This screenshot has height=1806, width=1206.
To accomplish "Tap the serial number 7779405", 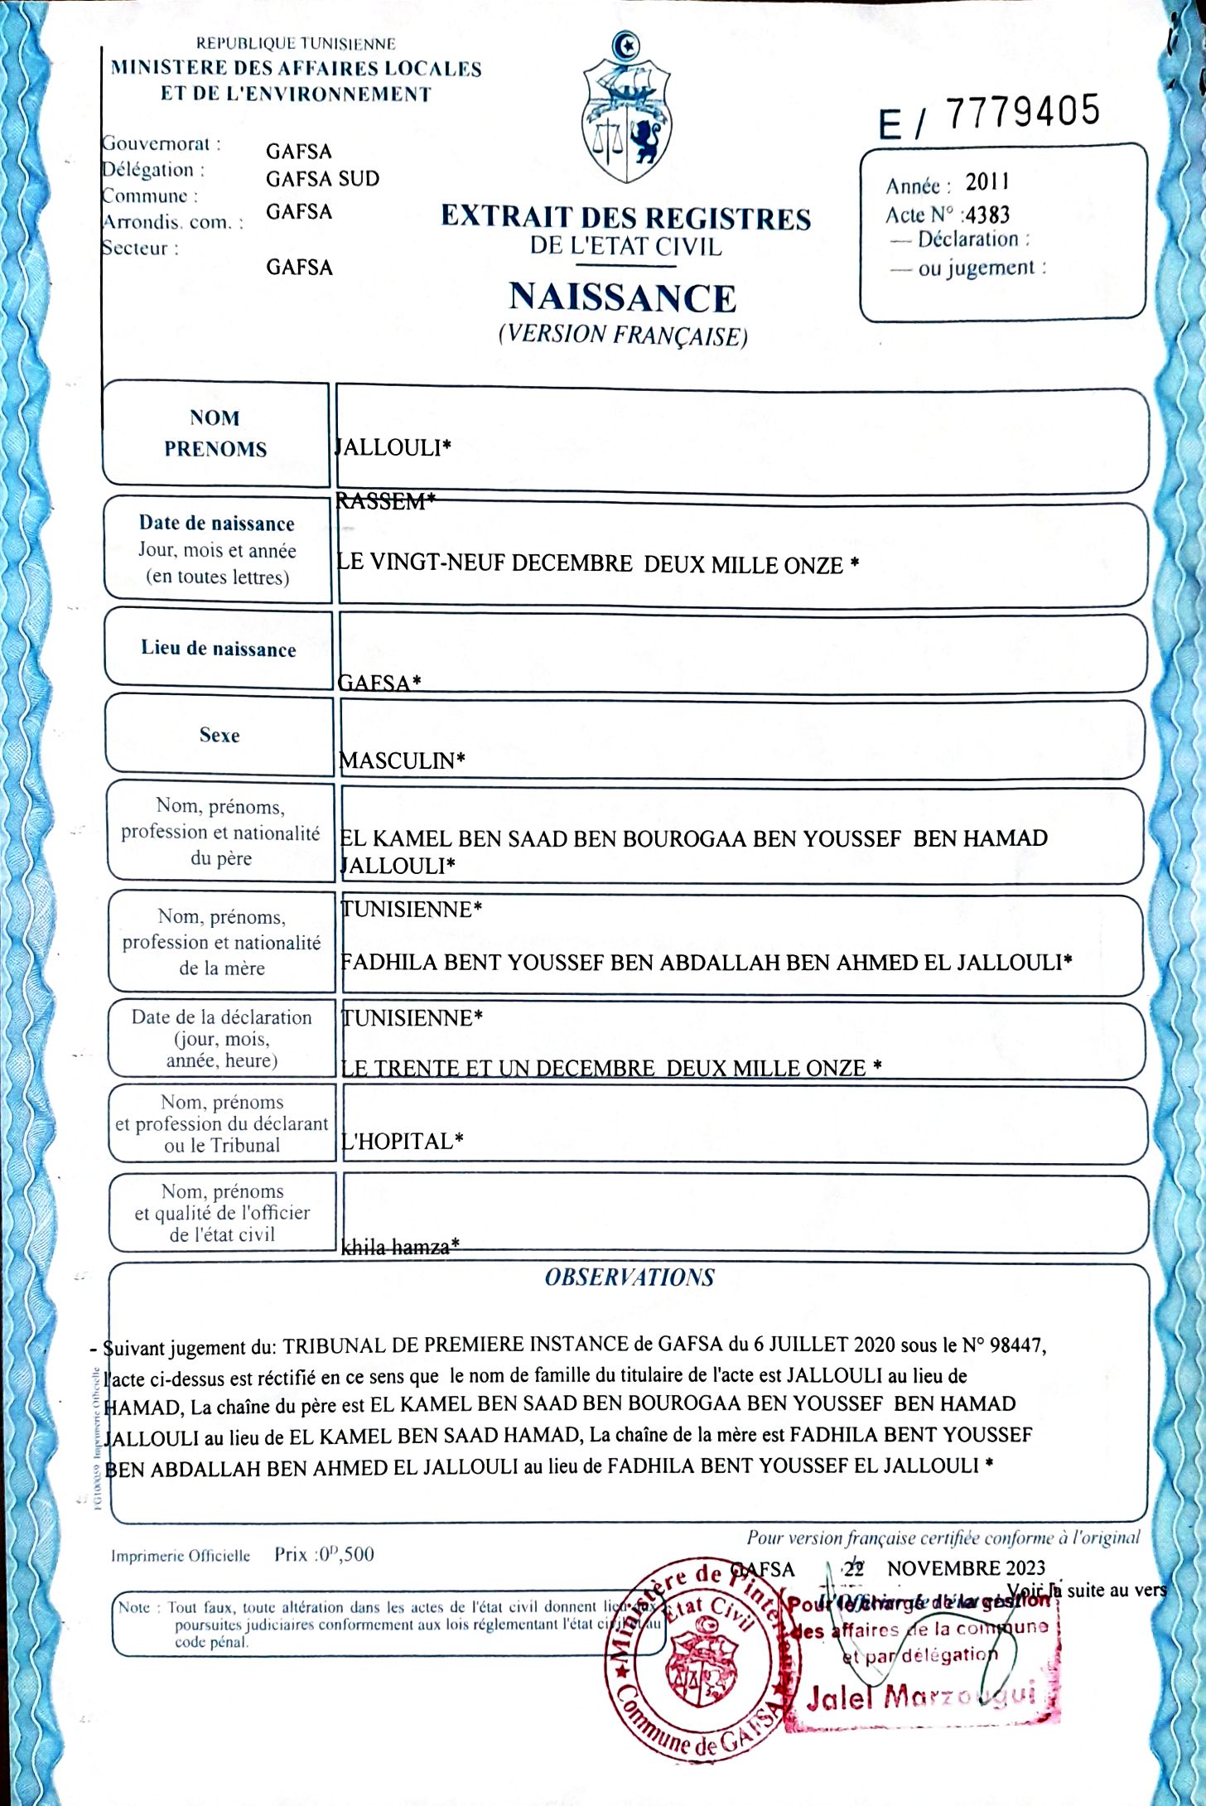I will click(1023, 112).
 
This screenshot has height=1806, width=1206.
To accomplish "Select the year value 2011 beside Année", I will click(987, 182).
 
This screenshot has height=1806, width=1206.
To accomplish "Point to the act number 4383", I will click(988, 215).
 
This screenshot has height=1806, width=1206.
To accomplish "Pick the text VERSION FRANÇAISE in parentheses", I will click(623, 335).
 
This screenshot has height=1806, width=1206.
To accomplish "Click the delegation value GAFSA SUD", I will click(322, 179).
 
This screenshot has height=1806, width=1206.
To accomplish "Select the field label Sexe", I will click(219, 735).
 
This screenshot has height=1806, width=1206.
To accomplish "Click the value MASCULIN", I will click(402, 761).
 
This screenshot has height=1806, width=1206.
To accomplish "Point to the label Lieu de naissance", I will click(218, 648).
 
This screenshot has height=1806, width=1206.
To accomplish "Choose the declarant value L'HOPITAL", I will click(402, 1141).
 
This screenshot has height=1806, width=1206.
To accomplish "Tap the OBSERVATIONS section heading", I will click(630, 1277).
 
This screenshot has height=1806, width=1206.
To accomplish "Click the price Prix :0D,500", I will click(324, 1554).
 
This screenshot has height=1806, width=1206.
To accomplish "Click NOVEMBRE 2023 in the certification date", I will click(966, 1568).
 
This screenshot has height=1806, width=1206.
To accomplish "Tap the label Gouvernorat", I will click(162, 143).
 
